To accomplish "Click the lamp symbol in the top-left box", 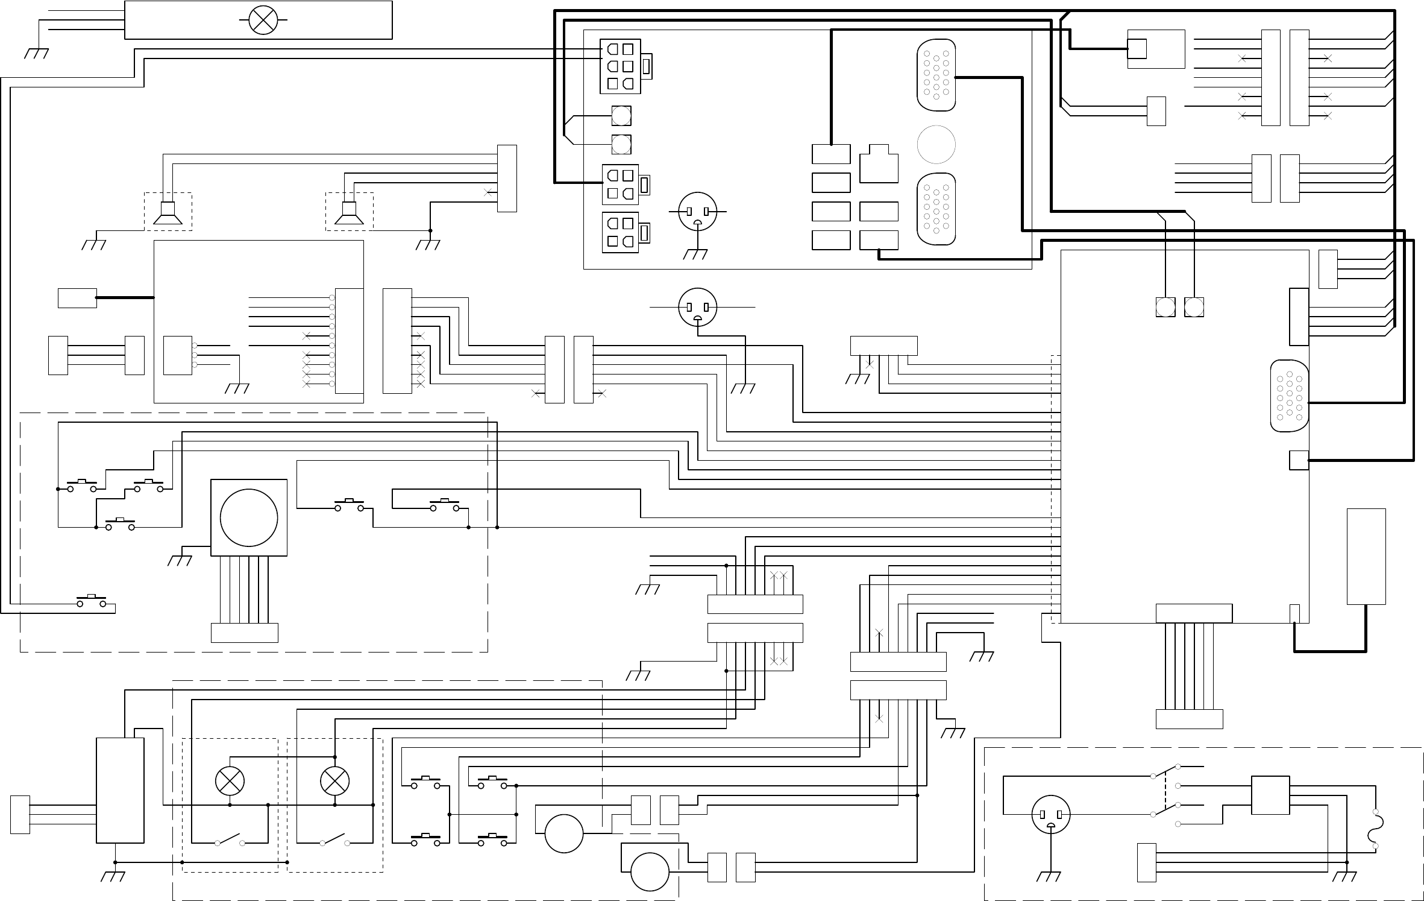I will (x=263, y=19).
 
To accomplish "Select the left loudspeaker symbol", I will (x=168, y=213).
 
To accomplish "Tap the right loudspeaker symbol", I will (x=350, y=213).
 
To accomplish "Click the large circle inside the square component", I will (x=249, y=517).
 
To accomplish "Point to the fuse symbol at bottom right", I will (x=1376, y=829).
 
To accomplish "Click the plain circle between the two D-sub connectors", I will (x=936, y=144).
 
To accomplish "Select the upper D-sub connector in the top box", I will (x=936, y=75).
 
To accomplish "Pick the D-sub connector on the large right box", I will (x=1289, y=396).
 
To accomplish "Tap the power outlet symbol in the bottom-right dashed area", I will (x=1051, y=814).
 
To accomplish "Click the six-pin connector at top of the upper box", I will (x=620, y=66).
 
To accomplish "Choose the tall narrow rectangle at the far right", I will (x=1366, y=556).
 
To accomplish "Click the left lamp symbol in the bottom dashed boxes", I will (x=230, y=782).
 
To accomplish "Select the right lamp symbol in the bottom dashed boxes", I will (x=334, y=781).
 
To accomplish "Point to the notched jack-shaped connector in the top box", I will (x=879, y=163).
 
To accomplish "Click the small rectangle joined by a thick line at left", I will (x=77, y=298).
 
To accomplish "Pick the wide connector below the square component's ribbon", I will (x=245, y=633).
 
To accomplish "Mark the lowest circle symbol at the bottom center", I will (x=650, y=871).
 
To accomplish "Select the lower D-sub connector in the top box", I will (x=936, y=209).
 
